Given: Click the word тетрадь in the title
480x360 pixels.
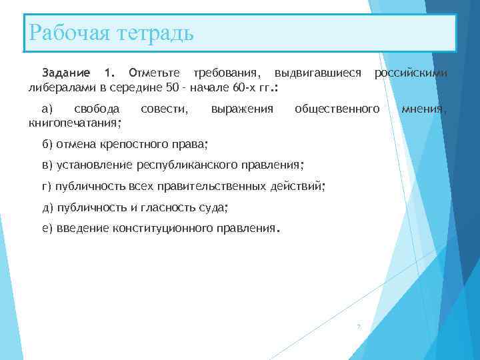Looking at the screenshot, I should pyautogui.click(x=153, y=32).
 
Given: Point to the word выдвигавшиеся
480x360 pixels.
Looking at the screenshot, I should pyautogui.click(x=318, y=72).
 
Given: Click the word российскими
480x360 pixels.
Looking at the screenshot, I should pyautogui.click(x=411, y=72).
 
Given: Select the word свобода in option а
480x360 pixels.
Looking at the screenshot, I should pyautogui.click(x=97, y=108).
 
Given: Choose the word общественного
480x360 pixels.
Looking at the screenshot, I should pyautogui.click(x=337, y=108).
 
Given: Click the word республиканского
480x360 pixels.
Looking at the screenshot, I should pyautogui.click(x=190, y=165).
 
